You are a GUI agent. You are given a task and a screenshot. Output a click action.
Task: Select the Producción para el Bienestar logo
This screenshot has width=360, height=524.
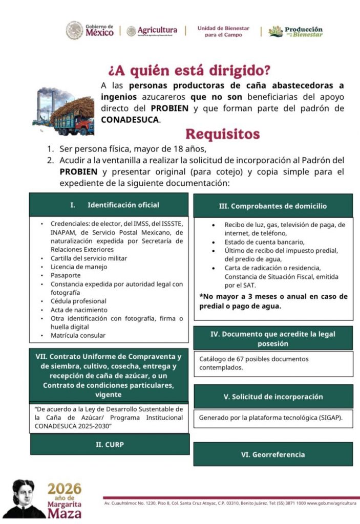(x=296, y=31)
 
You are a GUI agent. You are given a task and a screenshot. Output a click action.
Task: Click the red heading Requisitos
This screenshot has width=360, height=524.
(x=222, y=134)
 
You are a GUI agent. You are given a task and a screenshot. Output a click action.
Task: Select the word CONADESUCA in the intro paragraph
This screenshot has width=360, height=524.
(x=130, y=120)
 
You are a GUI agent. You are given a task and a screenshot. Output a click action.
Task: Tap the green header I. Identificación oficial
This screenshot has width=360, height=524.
(x=109, y=205)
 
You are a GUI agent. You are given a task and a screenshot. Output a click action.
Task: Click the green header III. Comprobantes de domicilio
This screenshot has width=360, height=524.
(x=272, y=206)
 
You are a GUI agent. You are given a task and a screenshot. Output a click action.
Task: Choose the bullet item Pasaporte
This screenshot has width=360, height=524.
(x=66, y=275)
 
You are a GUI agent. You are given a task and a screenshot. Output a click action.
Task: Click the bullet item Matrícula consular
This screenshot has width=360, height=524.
(x=78, y=336)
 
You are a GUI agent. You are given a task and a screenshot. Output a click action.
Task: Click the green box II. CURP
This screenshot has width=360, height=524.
(x=110, y=444)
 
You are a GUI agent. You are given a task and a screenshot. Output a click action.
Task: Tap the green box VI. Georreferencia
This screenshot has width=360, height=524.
(x=272, y=454)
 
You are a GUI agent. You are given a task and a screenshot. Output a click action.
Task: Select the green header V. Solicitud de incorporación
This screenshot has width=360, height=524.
(x=273, y=397)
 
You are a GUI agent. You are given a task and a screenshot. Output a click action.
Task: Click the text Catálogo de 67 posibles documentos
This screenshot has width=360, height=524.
(x=254, y=359)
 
